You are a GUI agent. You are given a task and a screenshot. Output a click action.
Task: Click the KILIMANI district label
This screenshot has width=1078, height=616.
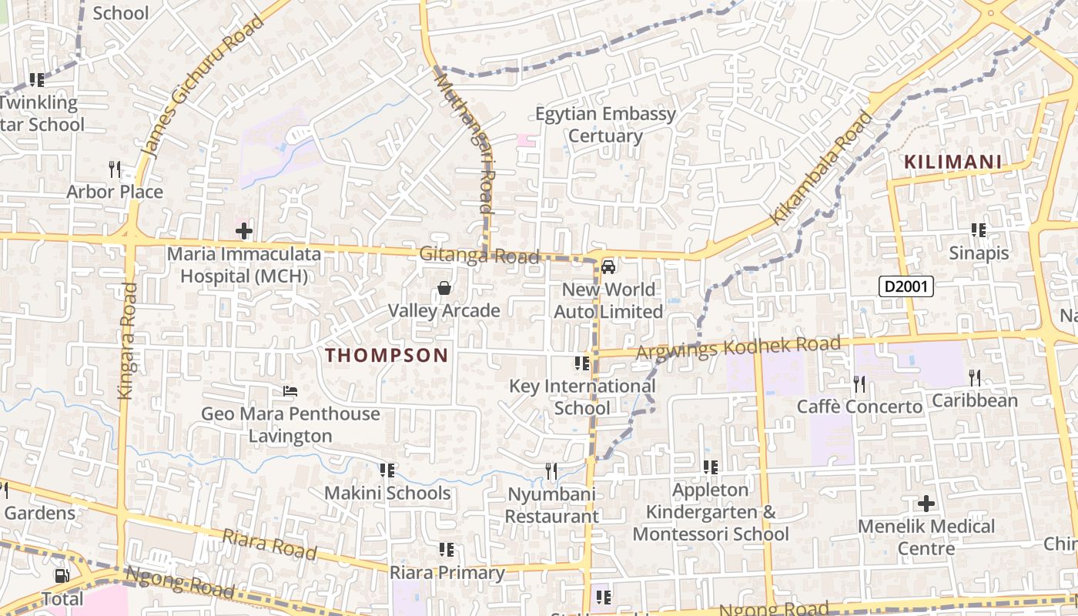[952, 162]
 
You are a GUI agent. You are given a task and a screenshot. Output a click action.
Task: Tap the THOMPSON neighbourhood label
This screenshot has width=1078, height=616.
[386, 355]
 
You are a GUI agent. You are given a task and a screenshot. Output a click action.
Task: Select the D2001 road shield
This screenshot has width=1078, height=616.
[906, 287]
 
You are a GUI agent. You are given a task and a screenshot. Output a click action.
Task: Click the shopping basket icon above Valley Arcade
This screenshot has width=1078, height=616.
[444, 289]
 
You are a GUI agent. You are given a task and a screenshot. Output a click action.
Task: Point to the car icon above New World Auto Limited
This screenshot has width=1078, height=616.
[608, 267]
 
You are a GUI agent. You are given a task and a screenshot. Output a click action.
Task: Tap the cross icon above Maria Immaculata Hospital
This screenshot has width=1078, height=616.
[244, 231]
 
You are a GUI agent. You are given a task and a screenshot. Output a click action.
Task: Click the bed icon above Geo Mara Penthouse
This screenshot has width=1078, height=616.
[290, 391]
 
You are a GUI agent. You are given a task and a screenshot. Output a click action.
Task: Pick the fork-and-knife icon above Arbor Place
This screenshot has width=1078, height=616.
[115, 169]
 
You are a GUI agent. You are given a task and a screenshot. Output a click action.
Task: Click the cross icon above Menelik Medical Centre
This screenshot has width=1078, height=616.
[926, 504]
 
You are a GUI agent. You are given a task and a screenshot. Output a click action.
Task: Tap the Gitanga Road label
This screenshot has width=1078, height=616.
[479, 256]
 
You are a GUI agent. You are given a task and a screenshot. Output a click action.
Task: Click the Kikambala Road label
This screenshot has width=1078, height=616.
[822, 168]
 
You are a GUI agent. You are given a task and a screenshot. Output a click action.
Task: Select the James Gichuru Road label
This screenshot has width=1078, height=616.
[203, 86]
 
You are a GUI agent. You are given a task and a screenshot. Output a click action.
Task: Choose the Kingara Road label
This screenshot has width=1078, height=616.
[127, 340]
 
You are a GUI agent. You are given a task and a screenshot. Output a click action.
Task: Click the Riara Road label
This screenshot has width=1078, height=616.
[269, 544]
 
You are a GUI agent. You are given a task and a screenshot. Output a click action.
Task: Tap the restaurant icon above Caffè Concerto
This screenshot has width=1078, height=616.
[859, 383]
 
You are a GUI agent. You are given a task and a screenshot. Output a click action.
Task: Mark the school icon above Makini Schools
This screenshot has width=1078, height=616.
[387, 470]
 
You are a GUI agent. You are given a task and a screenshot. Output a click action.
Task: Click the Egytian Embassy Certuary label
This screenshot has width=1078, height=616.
[605, 125]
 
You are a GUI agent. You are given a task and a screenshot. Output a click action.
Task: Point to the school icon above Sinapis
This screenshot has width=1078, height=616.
[979, 230]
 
